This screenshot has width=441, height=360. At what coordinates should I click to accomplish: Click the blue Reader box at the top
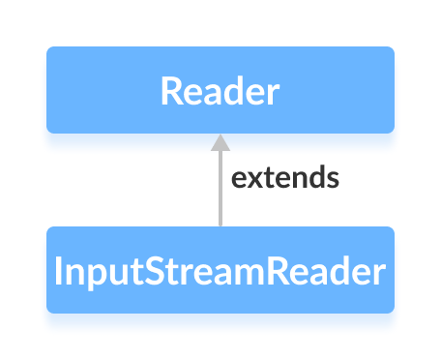[x=220, y=89]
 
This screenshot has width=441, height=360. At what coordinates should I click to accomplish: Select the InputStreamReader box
[x=220, y=270]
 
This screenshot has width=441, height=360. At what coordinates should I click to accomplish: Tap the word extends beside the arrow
[x=285, y=178]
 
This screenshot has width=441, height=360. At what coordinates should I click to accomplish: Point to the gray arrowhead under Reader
[x=220, y=142]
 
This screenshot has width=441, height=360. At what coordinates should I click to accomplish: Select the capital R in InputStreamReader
[x=268, y=271]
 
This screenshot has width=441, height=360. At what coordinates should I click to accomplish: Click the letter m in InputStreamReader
[x=243, y=273]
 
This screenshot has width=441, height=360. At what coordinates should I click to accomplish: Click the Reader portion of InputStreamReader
[x=320, y=271]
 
